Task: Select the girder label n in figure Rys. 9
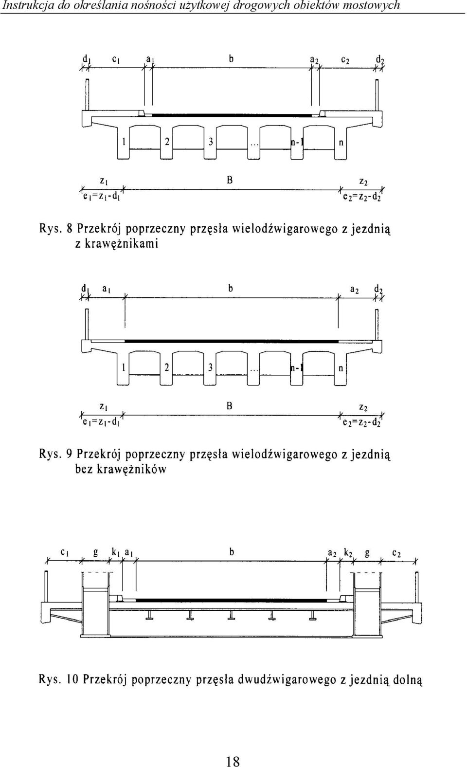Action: coord(341,368)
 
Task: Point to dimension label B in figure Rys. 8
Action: coord(230,180)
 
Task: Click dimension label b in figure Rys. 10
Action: coord(232,552)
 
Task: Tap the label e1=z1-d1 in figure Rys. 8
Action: coord(101,197)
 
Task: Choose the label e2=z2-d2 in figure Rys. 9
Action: coord(361,422)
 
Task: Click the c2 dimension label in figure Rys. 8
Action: coord(345,60)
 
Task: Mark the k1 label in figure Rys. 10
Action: coord(115,552)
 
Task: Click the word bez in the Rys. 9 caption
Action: coord(84,469)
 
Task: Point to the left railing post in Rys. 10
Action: coord(46,588)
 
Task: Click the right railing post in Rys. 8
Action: coord(377,95)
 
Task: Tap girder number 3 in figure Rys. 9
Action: coord(211,368)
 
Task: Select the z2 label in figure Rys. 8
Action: coord(363,183)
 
